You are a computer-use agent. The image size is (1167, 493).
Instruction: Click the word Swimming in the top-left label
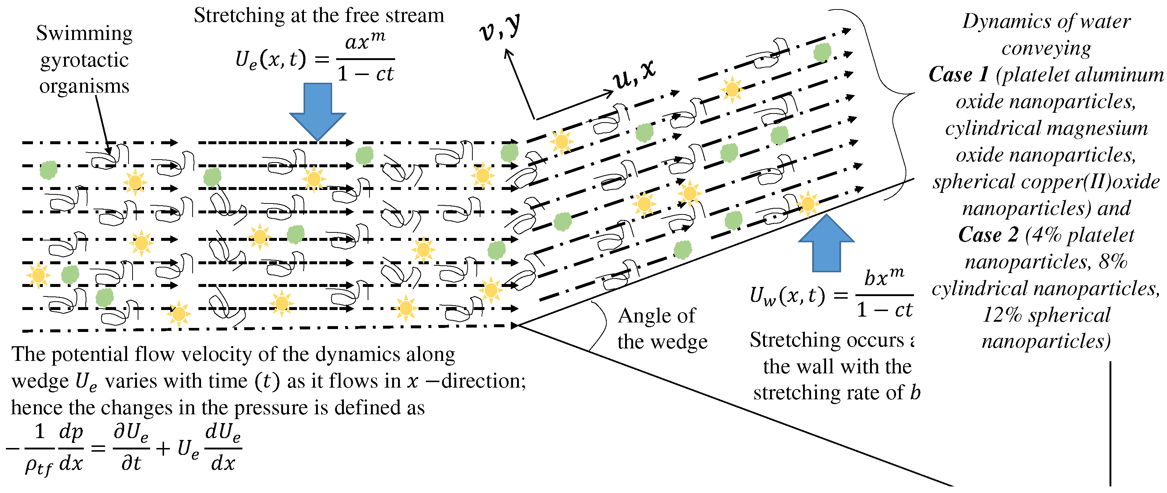tap(84, 34)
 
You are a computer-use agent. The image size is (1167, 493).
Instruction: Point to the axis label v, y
tap(500, 28)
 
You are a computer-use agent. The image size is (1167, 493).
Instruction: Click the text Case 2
tap(988, 235)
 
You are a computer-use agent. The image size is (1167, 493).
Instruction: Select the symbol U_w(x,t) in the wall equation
tap(787, 296)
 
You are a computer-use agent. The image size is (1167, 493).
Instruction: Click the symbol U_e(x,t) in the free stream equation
tap(271, 59)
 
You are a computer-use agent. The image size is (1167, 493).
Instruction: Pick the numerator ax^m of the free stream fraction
tap(365, 42)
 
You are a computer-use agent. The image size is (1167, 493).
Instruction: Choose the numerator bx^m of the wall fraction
tap(884, 277)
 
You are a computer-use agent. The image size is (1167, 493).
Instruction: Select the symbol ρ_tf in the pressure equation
tap(38, 466)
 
